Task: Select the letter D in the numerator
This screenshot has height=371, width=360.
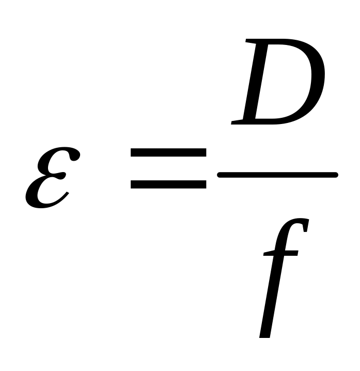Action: (x=279, y=83)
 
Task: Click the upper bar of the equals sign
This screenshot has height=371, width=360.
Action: (x=168, y=153)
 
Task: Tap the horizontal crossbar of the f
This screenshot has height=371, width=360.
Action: (x=281, y=254)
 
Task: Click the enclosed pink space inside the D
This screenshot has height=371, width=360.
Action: (x=281, y=83)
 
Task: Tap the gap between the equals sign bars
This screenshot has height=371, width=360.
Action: (x=168, y=168)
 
